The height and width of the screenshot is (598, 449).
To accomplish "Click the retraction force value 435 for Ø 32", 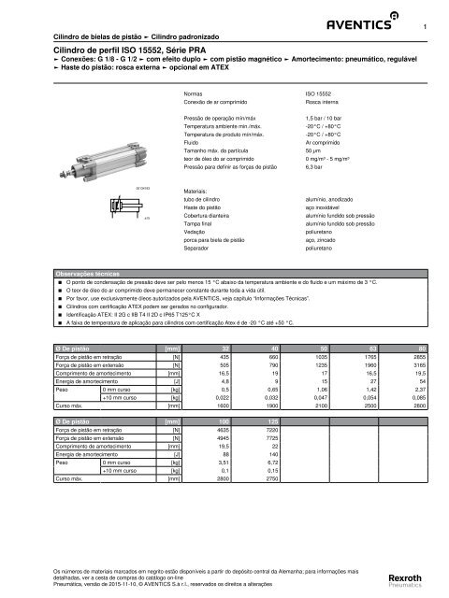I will point(224,357).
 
